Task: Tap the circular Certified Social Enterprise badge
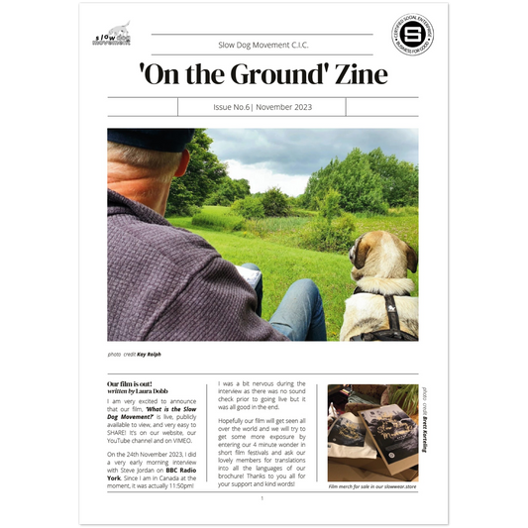click(x=415, y=40)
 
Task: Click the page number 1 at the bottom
click(x=263, y=498)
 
